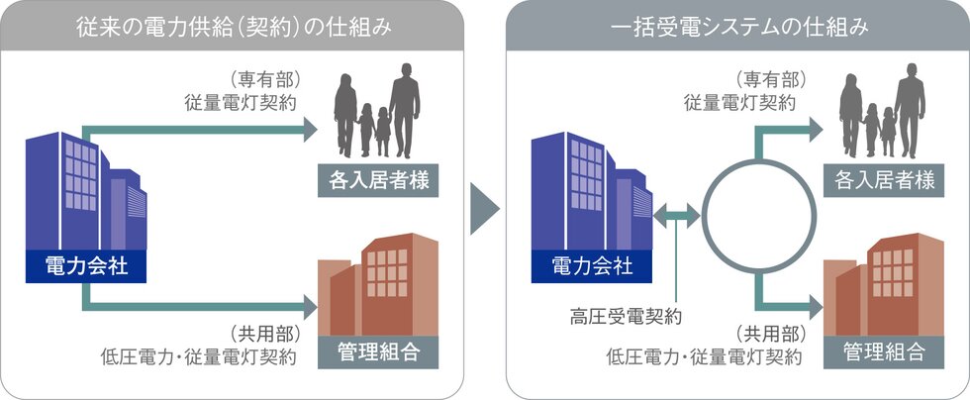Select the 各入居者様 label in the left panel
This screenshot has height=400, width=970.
click(x=377, y=181)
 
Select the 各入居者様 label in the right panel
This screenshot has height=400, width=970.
click(x=884, y=181)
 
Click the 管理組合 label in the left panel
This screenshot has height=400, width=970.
click(x=377, y=350)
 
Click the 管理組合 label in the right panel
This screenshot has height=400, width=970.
click(x=884, y=350)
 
